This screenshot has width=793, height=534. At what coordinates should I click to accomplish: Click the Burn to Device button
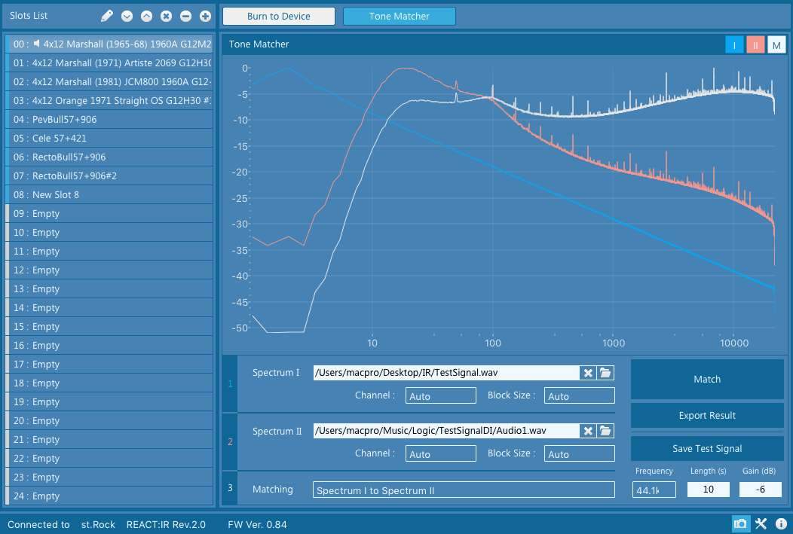[279, 16]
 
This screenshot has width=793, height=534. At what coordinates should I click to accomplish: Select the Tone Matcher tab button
[399, 16]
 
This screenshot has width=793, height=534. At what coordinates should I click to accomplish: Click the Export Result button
[707, 415]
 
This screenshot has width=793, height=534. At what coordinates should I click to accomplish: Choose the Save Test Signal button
[707, 448]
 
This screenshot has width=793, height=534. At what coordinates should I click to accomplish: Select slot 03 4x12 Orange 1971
[110, 100]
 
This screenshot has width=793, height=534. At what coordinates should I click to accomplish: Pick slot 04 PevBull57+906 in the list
[110, 119]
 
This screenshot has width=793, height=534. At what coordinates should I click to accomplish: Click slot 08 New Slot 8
[110, 194]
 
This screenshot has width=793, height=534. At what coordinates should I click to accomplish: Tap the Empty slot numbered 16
[110, 345]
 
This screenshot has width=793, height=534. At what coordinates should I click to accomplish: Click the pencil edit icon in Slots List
[107, 16]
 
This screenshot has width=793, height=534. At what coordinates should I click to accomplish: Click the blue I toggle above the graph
[734, 45]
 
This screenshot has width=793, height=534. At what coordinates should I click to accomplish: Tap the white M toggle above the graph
[776, 45]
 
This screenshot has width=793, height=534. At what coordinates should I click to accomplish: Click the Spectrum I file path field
[445, 372]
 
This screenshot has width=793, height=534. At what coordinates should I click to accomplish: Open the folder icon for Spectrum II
[605, 431]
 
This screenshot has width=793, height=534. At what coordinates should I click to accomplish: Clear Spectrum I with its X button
[587, 373]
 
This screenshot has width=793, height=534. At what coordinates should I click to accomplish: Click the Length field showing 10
[708, 490]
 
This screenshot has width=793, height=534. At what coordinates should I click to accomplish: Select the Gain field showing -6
[761, 490]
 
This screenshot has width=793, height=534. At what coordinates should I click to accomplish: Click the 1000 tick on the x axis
[614, 343]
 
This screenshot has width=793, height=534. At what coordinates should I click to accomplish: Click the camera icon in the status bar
[740, 524]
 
